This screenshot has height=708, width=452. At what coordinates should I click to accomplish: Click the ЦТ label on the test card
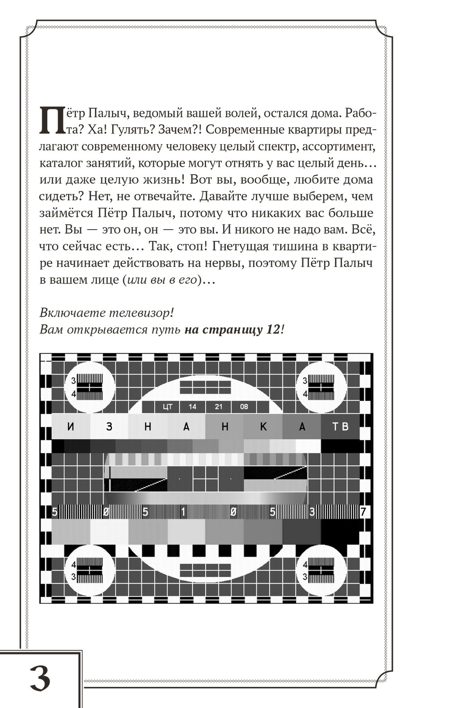pyautogui.click(x=167, y=407)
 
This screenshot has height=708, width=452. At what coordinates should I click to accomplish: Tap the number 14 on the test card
pyautogui.click(x=192, y=407)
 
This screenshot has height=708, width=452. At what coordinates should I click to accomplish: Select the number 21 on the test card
pyautogui.click(x=219, y=407)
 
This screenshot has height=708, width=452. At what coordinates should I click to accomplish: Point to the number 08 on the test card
pyautogui.click(x=244, y=407)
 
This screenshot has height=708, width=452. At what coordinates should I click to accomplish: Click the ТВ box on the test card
pyautogui.click(x=340, y=426)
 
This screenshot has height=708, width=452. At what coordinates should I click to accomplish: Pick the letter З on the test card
pyautogui.click(x=109, y=427)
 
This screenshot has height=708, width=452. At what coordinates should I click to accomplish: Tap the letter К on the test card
pyautogui.click(x=263, y=427)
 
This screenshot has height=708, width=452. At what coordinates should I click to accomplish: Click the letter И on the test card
pyautogui.click(x=71, y=427)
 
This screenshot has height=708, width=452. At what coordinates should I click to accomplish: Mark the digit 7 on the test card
pyautogui.click(x=363, y=512)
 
